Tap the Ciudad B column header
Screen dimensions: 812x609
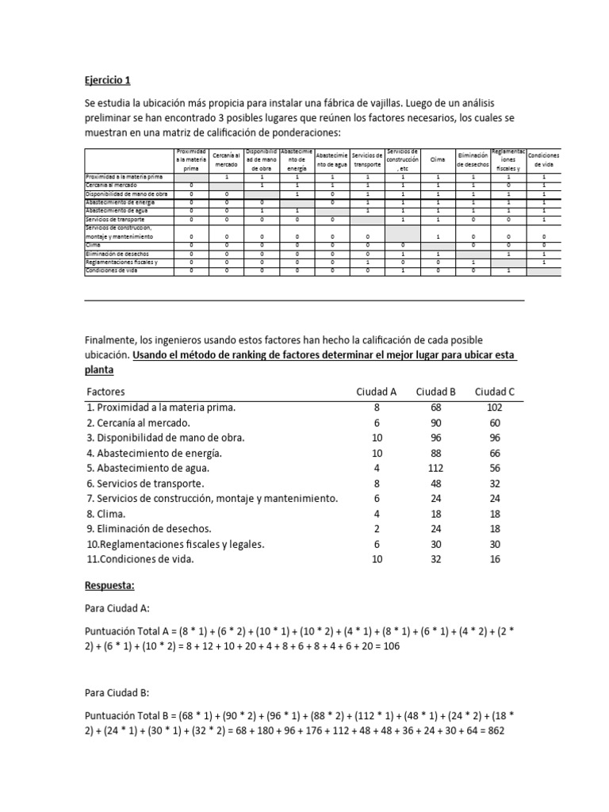click(435, 392)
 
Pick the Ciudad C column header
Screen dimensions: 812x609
click(495, 392)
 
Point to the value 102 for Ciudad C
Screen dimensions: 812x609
click(495, 407)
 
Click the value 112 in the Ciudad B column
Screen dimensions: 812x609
click(435, 468)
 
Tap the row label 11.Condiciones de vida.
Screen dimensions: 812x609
click(140, 558)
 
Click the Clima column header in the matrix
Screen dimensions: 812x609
click(438, 159)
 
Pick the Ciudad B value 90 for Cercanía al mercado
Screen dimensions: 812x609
click(435, 423)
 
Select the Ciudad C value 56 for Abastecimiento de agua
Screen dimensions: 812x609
click(495, 468)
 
